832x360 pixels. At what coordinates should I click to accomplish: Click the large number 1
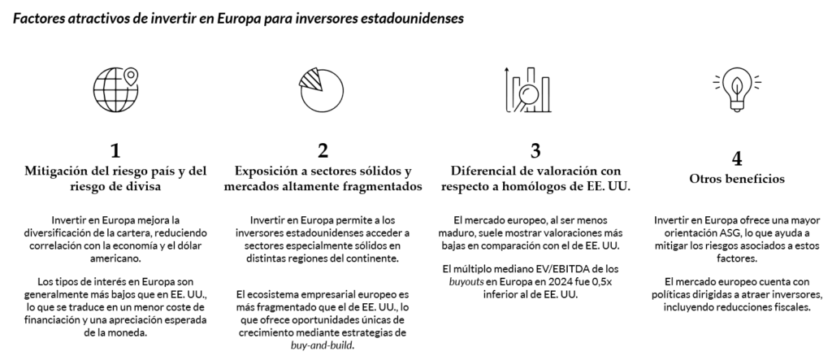116,150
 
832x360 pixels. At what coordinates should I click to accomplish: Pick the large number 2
323,150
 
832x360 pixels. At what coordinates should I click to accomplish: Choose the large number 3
535,150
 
